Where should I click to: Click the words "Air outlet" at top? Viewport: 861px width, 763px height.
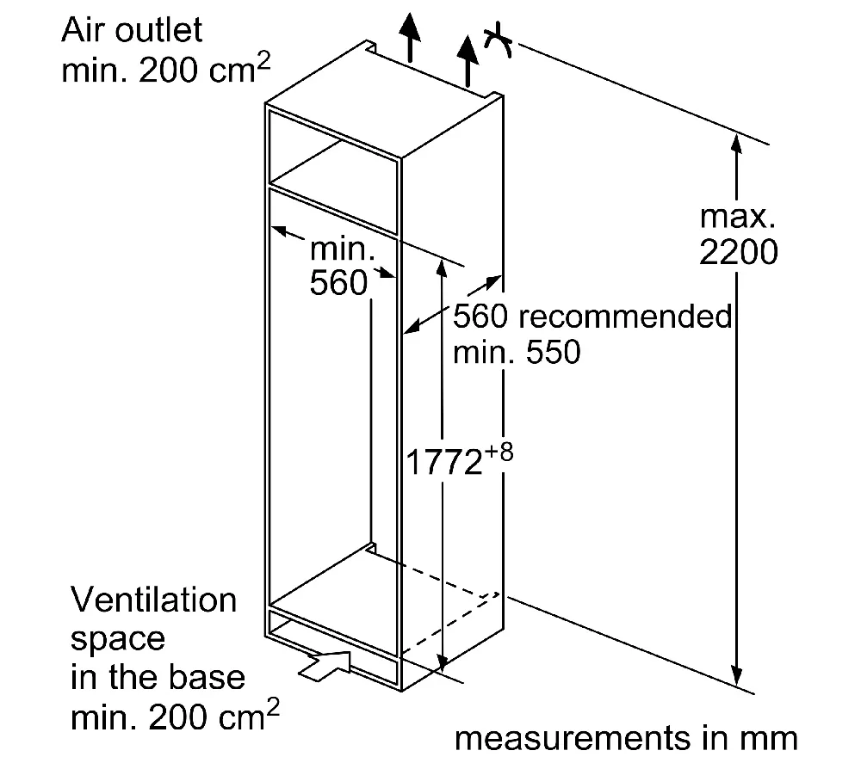click(132, 30)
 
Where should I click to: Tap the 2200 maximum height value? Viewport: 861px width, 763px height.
click(738, 252)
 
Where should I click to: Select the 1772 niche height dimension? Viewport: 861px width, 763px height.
click(443, 462)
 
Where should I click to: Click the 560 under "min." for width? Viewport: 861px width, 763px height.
click(338, 284)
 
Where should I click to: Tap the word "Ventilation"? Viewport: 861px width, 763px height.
click(154, 600)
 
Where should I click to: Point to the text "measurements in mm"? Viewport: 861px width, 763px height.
click(626, 739)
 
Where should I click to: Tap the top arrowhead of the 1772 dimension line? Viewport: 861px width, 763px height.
click(442, 263)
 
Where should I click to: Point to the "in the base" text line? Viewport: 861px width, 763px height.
click(158, 677)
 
